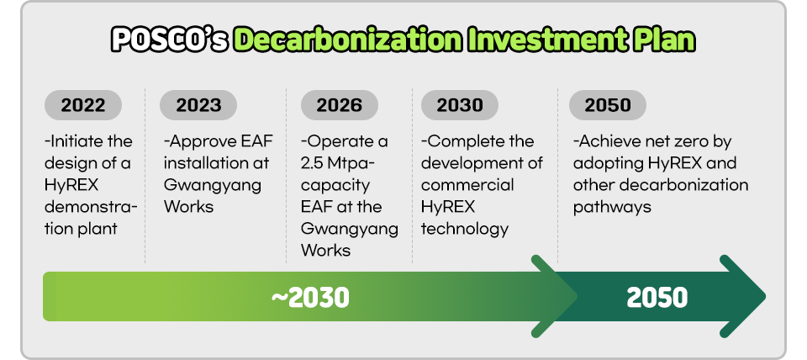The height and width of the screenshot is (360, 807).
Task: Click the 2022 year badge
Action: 83,105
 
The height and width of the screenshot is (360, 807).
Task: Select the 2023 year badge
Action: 198,105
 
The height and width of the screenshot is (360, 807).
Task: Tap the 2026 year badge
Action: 339,105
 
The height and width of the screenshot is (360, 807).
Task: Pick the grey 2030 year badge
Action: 460,105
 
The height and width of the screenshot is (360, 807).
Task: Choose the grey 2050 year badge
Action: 607,105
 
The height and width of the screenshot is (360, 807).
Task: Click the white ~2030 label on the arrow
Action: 310,298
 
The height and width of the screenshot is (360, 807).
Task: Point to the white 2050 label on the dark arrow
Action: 657,298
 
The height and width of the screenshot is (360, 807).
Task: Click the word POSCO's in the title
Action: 169,40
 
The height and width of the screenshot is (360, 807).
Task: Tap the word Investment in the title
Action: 546,40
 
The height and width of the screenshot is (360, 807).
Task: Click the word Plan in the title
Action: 662,40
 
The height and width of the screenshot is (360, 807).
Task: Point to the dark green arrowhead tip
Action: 765,297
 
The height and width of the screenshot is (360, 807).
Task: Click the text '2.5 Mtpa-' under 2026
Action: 339,163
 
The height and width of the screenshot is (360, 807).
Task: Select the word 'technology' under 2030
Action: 465,229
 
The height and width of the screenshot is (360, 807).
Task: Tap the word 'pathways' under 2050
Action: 613,207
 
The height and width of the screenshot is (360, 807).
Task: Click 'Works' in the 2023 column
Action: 188,207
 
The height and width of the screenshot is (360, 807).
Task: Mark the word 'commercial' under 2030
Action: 467,185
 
